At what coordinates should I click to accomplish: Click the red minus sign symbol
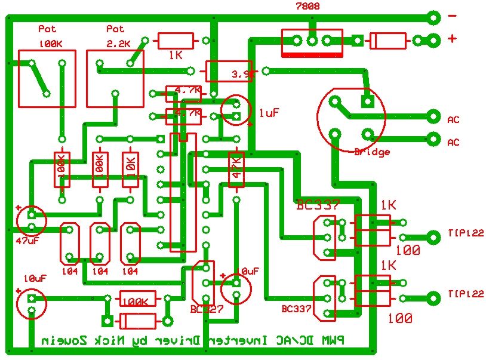[452, 17]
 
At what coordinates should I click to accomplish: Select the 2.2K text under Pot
[115, 44]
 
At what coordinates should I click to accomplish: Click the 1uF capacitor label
[269, 112]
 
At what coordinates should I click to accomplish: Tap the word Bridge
[371, 152]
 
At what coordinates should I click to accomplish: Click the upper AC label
[453, 119]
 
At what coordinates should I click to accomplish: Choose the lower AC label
[453, 142]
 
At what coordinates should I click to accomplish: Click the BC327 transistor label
[206, 309]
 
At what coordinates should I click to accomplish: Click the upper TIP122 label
[465, 233]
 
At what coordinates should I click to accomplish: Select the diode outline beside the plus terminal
[389, 41]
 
